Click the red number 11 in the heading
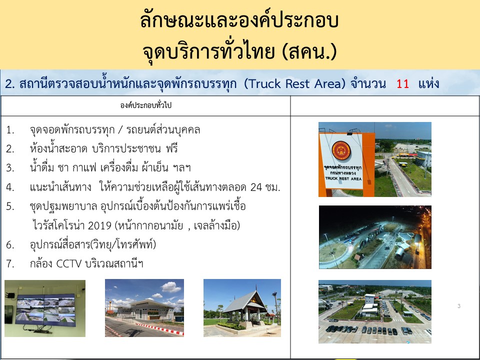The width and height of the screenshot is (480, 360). pos(402,83)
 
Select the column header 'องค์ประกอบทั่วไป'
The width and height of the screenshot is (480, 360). pos(145,105)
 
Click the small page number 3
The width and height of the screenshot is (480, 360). pos(459,306)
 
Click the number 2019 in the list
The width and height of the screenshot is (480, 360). pos(99,225)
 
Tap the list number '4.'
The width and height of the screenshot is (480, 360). pos(10,187)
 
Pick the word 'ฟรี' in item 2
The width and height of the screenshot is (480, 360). pos(172,149)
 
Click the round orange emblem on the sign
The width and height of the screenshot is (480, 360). pos(341,150)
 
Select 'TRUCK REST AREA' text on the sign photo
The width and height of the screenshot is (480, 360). pos(343,178)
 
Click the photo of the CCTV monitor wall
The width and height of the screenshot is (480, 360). pos(45,308)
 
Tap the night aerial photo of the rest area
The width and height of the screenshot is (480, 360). pos(375,237)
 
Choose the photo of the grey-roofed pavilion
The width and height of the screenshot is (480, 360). pos(242,307)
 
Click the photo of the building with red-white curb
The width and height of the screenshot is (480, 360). pos(144,307)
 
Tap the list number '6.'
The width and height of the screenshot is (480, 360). pos(10,244)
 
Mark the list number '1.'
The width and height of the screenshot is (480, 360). pos(10,130)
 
